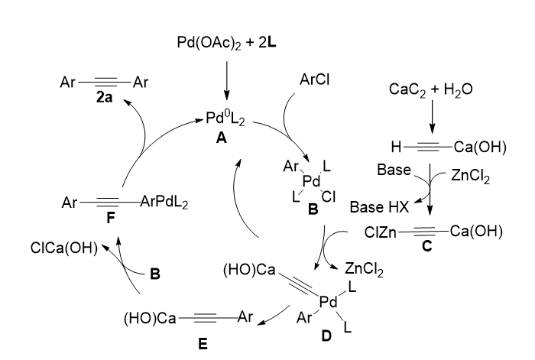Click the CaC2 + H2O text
(430, 89)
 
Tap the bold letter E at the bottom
(202, 344)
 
